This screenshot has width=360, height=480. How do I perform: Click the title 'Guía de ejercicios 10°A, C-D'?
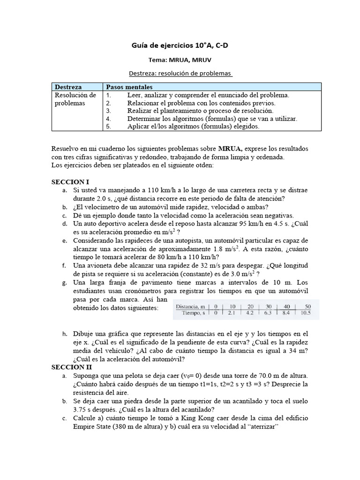coord(180,45)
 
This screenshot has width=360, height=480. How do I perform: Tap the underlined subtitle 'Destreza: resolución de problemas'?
coord(180,74)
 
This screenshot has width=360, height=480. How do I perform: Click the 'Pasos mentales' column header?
coord(129,87)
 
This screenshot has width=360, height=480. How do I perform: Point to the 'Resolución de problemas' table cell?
coord(75,99)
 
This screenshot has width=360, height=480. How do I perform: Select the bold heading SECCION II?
coord(71,367)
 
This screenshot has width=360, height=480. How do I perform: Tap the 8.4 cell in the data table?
coord(285,313)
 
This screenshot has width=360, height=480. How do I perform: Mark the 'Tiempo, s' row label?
coord(194,313)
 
